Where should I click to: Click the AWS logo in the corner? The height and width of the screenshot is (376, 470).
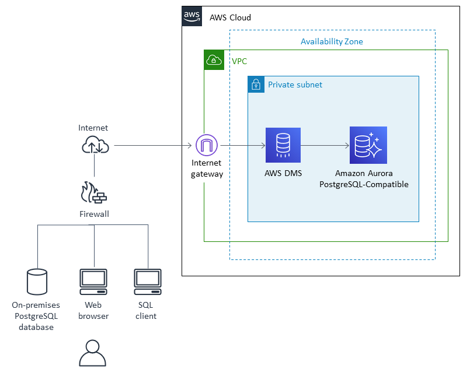[x=193, y=16]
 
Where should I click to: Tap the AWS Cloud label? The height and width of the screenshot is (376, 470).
[x=230, y=17]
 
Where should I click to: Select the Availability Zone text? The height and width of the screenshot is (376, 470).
[x=332, y=41]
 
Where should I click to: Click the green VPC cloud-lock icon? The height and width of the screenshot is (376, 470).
[x=214, y=60]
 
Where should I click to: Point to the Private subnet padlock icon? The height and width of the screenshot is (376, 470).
[x=256, y=85]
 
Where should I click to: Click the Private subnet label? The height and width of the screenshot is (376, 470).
[x=295, y=85]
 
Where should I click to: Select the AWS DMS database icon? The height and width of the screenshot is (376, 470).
[x=283, y=145]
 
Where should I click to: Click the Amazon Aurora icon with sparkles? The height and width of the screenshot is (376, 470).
[x=368, y=145]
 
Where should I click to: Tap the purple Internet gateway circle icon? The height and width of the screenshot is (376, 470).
[x=206, y=145]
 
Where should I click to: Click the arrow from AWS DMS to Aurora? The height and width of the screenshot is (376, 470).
[x=325, y=145]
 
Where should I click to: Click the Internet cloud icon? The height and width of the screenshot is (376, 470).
[x=94, y=145]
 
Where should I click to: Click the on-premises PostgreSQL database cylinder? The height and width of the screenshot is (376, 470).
[x=37, y=282]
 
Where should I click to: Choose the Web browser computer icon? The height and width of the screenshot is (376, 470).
[x=93, y=282]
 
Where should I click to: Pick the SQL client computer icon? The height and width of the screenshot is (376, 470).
[x=148, y=282]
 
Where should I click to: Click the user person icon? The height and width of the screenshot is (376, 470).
[x=93, y=353]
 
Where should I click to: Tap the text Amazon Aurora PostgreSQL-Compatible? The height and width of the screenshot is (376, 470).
[x=364, y=179]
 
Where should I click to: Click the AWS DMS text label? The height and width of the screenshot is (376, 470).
[x=283, y=173]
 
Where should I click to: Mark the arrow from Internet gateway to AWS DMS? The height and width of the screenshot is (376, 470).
[x=241, y=145]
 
